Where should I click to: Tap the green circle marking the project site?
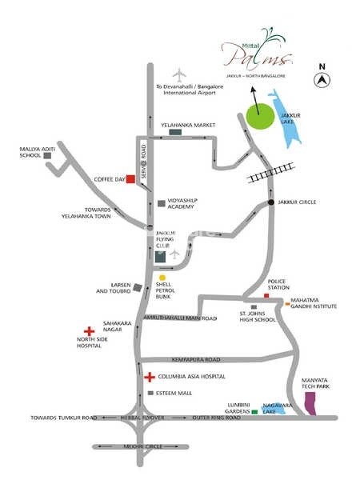click(258, 118)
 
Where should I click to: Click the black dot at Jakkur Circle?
click(272, 202)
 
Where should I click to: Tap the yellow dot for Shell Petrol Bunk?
click(162, 278)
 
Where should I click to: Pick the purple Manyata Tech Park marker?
click(314, 406)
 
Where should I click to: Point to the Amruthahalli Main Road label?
click(180, 318)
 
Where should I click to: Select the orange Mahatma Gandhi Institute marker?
click(287, 304)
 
